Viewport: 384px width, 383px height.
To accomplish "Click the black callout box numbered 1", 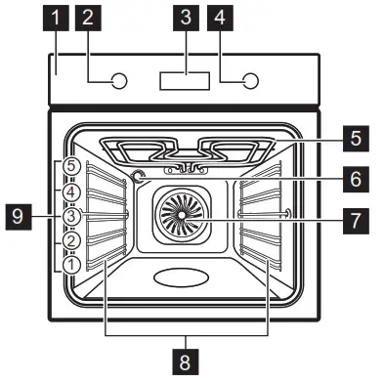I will [59, 17].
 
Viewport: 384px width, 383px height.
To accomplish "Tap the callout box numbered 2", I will [89, 17].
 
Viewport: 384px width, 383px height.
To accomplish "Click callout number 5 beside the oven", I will [355, 138].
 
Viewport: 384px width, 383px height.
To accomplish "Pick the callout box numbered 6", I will [355, 179].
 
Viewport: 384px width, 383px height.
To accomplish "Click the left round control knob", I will [117, 81].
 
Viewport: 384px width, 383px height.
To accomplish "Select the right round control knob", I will [250, 81].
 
